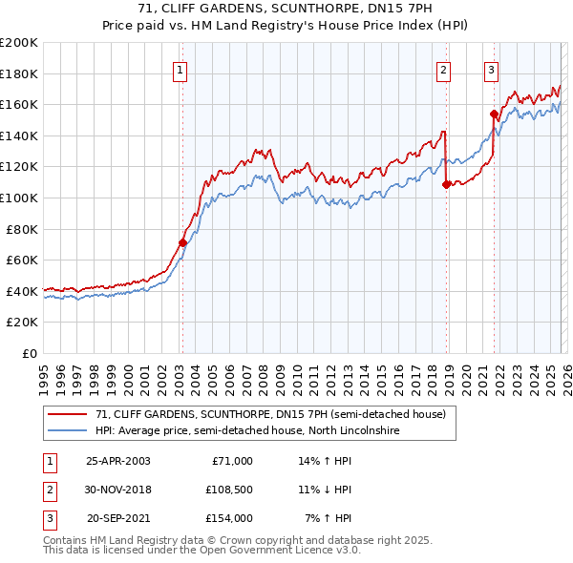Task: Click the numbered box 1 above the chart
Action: [180, 69]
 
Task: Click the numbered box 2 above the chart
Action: [444, 69]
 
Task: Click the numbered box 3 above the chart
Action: [491, 69]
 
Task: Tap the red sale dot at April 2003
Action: [182, 242]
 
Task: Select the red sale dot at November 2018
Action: [446, 184]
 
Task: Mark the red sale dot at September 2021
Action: [494, 114]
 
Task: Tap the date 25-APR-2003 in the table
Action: [117, 461]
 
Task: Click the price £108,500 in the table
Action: [226, 490]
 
